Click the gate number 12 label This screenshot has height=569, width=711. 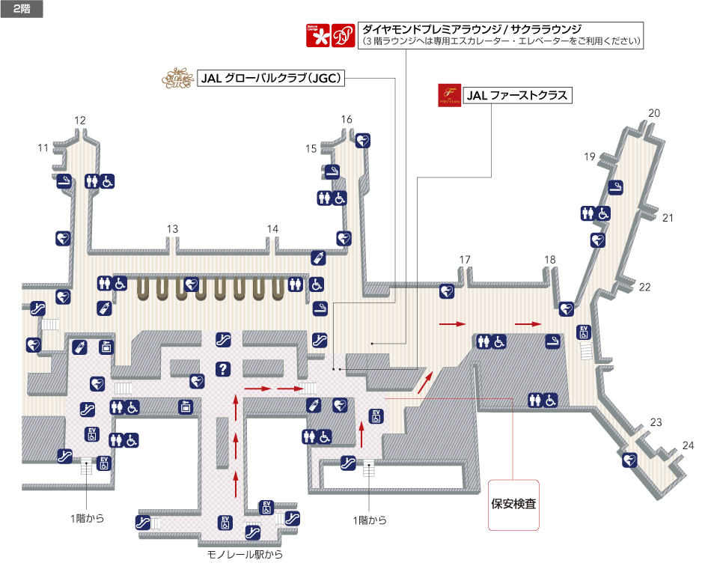(80, 120)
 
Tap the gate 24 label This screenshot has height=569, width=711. (688, 445)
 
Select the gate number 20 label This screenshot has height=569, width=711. (653, 113)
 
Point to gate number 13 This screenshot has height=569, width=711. (173, 229)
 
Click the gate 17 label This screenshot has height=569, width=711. (465, 260)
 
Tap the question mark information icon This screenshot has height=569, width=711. (222, 368)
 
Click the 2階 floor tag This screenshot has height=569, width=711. (22, 9)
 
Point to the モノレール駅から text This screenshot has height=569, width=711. (245, 555)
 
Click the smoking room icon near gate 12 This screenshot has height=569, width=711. (65, 180)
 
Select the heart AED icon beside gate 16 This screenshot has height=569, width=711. (362, 140)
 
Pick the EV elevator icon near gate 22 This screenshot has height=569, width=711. (584, 332)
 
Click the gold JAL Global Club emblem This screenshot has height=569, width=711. (177, 79)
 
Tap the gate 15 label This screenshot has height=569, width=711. (311, 148)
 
